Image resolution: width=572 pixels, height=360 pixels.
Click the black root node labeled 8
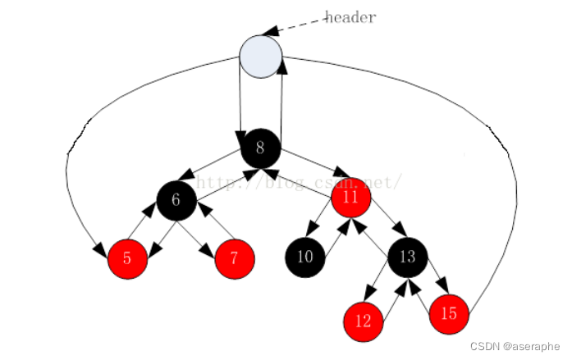(261, 148)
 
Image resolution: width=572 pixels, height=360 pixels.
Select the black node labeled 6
(176, 199)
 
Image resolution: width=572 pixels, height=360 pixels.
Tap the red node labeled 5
(127, 259)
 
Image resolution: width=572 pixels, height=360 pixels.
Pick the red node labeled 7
(235, 259)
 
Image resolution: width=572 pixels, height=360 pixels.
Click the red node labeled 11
(351, 198)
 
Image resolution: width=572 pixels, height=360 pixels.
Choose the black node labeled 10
(305, 257)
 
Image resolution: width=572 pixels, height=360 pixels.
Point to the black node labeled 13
(408, 257)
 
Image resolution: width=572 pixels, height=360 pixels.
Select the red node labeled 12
(364, 321)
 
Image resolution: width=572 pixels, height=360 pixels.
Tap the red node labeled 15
(449, 313)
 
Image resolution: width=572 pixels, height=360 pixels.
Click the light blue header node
(261, 57)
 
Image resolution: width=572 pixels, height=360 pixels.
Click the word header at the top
(350, 17)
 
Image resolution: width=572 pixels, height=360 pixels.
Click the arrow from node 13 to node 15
(432, 283)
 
